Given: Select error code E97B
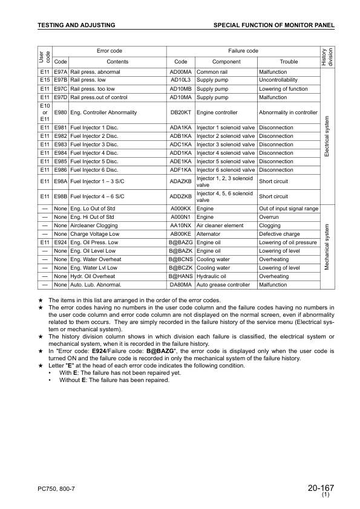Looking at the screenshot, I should pyautogui.click(x=60, y=80).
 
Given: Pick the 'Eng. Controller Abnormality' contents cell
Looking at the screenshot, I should pyautogui.click(x=103, y=112).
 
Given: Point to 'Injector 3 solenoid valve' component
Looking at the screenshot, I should pyautogui.click(x=226, y=144).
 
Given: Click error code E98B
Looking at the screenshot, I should pyautogui.click(x=60, y=196).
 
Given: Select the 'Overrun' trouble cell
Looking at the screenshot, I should pyautogui.click(x=269, y=216).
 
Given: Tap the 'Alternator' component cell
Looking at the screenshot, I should pyautogui.click(x=210, y=233).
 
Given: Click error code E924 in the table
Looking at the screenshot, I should pyautogui.click(x=60, y=242).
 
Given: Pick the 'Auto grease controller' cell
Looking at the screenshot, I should pyautogui.click(x=223, y=285).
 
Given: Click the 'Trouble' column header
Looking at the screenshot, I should pyautogui.click(x=289, y=62).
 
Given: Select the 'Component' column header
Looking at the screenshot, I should pyautogui.click(x=226, y=62).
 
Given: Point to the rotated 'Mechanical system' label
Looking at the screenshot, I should pyautogui.click(x=327, y=247).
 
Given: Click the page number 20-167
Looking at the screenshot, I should pyautogui.click(x=321, y=488).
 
